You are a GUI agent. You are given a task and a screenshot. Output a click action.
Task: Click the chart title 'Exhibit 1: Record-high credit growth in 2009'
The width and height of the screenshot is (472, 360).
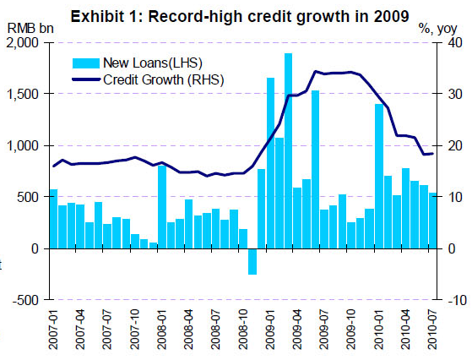click(x=240, y=17)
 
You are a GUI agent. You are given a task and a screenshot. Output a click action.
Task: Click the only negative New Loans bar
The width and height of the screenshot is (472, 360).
click(x=252, y=261)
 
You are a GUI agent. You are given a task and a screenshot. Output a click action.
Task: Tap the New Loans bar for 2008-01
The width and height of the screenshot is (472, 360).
click(x=162, y=207)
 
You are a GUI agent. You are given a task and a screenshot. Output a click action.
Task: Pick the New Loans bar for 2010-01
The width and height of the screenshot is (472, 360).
click(x=379, y=177)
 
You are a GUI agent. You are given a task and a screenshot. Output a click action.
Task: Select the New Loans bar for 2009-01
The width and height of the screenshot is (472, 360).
click(x=270, y=163)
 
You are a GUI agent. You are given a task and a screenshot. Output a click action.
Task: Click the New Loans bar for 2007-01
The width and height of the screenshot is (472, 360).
click(x=53, y=219)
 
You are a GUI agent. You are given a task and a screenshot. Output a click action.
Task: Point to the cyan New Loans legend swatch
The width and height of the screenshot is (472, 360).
click(x=86, y=63)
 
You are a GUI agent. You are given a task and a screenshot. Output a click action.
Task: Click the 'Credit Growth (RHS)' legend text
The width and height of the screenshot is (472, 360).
click(x=164, y=79)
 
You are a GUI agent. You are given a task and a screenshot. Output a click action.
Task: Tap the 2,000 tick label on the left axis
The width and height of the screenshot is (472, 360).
click(x=23, y=43)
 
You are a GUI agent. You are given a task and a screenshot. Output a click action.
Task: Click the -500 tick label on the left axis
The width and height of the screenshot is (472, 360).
click(x=26, y=300)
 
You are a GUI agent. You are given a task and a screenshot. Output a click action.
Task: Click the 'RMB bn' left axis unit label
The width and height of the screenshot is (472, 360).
click(x=30, y=29)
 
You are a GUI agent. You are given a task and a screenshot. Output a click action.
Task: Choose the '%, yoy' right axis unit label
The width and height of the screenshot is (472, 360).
click(x=437, y=29)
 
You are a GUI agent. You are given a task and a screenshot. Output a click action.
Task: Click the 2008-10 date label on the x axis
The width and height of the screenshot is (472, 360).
click(x=243, y=330)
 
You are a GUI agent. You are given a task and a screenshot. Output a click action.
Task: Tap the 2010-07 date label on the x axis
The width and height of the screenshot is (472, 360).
click(x=432, y=330)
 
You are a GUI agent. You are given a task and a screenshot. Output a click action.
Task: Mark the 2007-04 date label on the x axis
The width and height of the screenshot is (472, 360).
click(x=80, y=330)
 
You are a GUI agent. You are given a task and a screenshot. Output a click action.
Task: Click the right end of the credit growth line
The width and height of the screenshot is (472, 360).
click(x=432, y=154)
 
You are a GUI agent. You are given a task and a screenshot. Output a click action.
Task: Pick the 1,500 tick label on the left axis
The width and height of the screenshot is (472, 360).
click(x=23, y=94)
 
